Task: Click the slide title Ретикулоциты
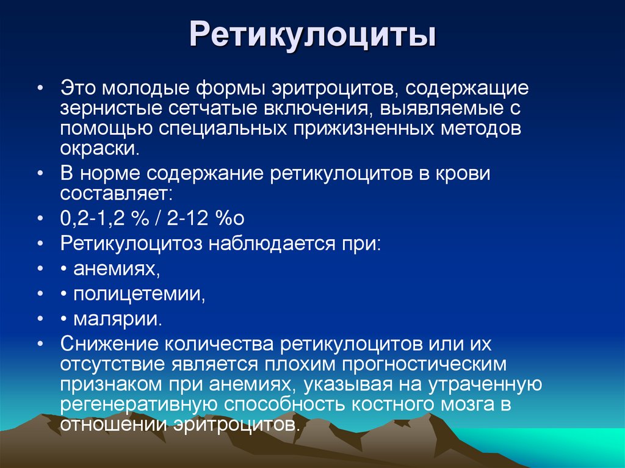pyautogui.click(x=312, y=35)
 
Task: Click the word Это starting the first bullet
pyautogui.click(x=78, y=88)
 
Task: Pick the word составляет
pyautogui.click(x=115, y=195)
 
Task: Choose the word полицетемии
pyautogui.click(x=139, y=295)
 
